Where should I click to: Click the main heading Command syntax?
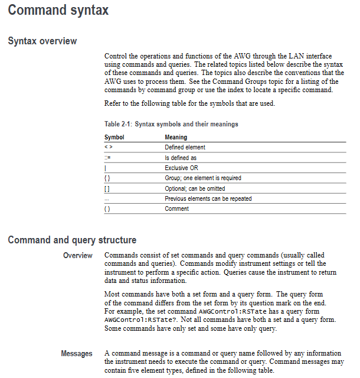[x=58, y=10]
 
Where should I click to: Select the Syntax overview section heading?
[x=42, y=41]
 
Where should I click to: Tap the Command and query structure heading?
[x=72, y=240]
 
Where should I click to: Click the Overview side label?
[x=78, y=256]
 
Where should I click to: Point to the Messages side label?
[x=77, y=353]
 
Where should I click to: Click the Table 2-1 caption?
[x=171, y=124]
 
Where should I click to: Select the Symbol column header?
[x=114, y=137]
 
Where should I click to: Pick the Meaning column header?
[x=176, y=137]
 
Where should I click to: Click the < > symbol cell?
[x=108, y=148]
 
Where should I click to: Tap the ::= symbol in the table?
[x=107, y=158]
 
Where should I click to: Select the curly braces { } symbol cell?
[x=107, y=178]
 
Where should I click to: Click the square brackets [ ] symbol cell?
[x=107, y=188]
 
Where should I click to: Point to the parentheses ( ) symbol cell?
[x=107, y=208]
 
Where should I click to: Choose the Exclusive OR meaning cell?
[x=181, y=168]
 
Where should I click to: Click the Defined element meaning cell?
[x=185, y=148]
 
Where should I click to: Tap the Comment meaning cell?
[x=176, y=208]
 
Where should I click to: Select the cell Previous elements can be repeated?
[x=208, y=198]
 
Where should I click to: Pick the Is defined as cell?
[x=181, y=158]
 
